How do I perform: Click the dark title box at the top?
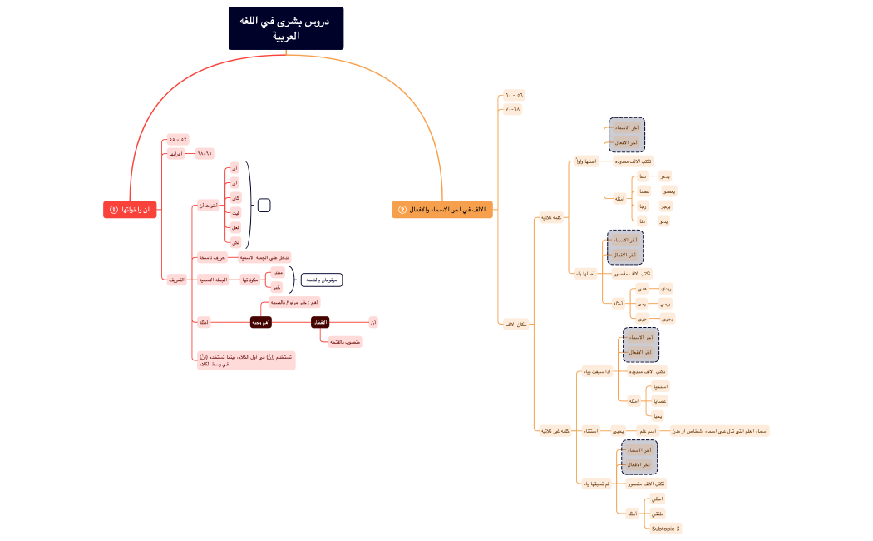286,28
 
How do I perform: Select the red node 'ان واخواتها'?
130,210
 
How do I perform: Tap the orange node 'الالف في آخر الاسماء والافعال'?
442,210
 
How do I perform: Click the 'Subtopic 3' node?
665,529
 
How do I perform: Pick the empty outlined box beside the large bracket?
264,205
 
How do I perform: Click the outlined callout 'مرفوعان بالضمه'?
321,280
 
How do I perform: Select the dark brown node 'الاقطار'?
320,322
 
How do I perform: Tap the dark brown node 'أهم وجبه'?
261,322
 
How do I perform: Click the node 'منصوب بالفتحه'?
345,342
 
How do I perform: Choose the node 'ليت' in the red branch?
235,213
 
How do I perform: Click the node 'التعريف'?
175,280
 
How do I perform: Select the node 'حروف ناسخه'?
211,258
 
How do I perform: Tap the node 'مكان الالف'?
515,324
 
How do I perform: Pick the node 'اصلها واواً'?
584,161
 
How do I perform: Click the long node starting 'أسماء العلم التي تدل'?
719,431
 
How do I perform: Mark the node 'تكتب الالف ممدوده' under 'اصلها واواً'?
634,161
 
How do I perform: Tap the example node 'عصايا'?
661,401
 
